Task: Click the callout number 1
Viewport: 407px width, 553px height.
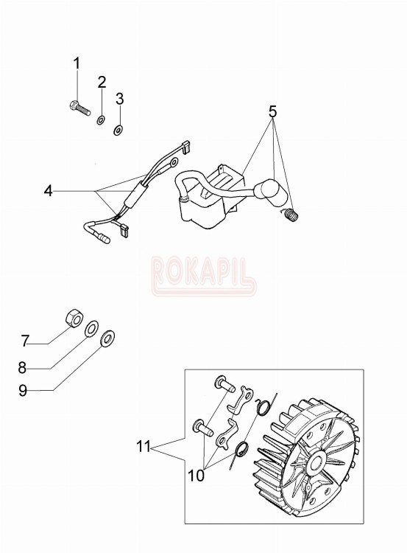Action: coord(77,64)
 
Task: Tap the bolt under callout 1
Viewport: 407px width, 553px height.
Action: coord(79,108)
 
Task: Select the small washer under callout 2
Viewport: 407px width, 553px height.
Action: coord(101,120)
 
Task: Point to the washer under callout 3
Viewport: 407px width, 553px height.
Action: coord(118,130)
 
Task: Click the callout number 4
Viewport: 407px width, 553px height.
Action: coord(49,191)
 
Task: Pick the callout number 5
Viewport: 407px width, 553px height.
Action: coord(273,112)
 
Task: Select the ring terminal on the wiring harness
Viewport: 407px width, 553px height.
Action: coord(174,162)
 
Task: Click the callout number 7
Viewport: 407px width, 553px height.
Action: coord(24,341)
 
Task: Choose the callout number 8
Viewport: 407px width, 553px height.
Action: coord(22,368)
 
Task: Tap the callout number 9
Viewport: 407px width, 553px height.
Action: coord(23,390)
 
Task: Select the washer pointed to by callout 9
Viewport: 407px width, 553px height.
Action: coord(107,338)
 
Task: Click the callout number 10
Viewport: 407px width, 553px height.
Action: coord(196,476)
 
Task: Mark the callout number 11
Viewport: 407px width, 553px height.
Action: coord(144,447)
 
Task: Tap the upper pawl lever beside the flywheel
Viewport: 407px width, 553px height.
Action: coord(241,399)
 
